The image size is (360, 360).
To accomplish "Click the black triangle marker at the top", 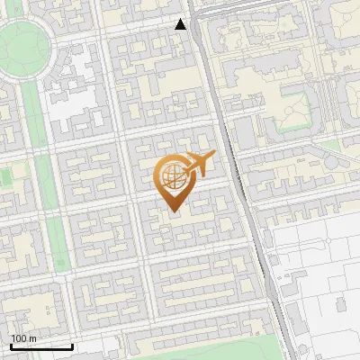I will pyautogui.click(x=181, y=24).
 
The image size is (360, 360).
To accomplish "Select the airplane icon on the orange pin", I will pyautogui.click(x=200, y=165).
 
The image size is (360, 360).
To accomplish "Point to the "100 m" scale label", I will pyautogui.click(x=22, y=338).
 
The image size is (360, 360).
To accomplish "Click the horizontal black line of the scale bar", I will pyautogui.click(x=41, y=346).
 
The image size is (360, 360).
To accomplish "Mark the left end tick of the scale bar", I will pyautogui.click(x=11, y=345).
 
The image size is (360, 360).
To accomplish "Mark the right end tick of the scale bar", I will pyautogui.click(x=72, y=345).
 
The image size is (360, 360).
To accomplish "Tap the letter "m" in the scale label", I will pyautogui.click(x=32, y=338).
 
